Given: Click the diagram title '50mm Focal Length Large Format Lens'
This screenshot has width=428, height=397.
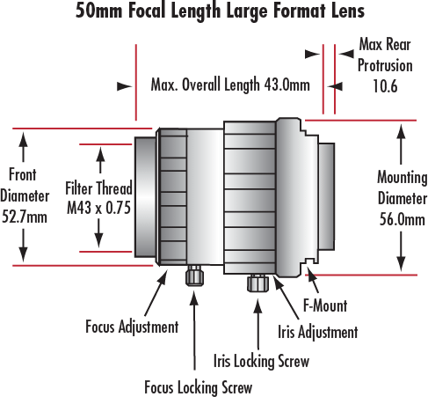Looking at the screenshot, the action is point(220,11).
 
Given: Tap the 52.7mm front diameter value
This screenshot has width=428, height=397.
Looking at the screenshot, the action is point(25,217).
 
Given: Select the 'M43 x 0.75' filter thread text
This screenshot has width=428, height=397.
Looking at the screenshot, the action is point(98,208).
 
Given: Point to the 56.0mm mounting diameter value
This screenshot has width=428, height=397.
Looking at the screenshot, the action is point(403,219).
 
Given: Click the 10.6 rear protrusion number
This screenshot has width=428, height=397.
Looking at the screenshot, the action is point(385,86).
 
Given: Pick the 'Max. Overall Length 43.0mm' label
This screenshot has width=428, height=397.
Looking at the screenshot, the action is point(230,85).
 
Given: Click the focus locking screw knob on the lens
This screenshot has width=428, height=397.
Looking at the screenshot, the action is point(194,276).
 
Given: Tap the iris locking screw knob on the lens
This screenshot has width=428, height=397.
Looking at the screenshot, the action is point(258,283).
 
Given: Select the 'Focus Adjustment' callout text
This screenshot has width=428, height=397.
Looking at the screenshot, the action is point(132,327).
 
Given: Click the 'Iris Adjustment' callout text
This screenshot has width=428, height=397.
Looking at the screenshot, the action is point(318,332).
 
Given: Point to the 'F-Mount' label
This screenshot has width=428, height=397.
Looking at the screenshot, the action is point(325,305).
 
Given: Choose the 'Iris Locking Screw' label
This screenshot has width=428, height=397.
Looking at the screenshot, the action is point(261,361).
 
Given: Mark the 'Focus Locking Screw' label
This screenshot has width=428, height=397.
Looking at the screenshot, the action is point(199,387).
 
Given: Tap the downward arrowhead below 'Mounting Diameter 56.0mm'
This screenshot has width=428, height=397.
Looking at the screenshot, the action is point(401,263).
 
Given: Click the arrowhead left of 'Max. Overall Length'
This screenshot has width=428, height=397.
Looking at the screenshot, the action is point(124,86).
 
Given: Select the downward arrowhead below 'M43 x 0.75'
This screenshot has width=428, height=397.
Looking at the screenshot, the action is point(98,240).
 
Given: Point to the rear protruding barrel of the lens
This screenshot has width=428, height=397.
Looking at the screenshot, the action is point(327,196).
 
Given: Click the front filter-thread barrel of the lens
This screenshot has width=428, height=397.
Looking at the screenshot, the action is point(146,197).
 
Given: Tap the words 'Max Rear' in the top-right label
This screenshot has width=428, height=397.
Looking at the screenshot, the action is point(385,45).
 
